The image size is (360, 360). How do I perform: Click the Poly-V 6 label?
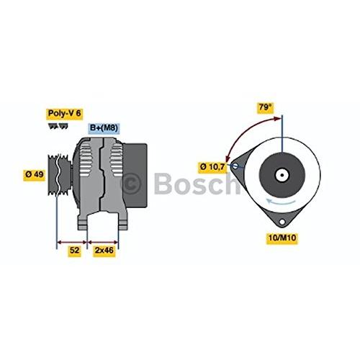pos(65,114)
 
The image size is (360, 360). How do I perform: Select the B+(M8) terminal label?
pos(104,128)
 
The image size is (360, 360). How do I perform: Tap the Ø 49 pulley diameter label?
pos(35,174)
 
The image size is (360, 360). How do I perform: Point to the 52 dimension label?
pos(74,251)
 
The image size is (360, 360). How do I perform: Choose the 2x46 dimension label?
pos(104,251)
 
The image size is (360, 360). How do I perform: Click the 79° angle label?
pos(266,107)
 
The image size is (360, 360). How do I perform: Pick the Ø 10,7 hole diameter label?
pos(212,167)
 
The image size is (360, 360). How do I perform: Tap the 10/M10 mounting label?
pos(282,238)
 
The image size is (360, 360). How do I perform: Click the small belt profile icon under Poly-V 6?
pos(58,126)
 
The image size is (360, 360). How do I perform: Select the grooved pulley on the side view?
pos(59,175)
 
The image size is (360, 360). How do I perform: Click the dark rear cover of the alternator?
pos(135,175)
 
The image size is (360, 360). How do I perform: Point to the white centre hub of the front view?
pos(282,175)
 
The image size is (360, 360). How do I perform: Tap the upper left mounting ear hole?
pos(235,166)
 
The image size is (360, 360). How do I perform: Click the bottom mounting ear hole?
pos(282,222)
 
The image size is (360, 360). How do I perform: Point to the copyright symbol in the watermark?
pos(131,184)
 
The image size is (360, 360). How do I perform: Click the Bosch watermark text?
pos(197,183)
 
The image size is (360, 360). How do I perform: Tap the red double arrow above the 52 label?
pos(72,242)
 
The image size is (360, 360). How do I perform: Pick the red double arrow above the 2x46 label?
pos(103,242)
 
